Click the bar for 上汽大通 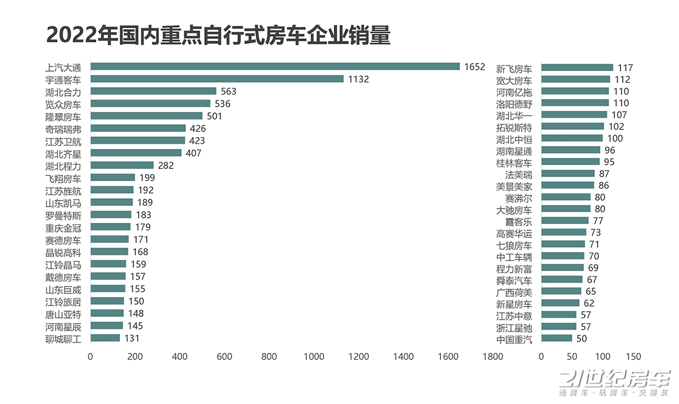pos(275,66)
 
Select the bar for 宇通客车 pos(217,79)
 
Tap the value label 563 pos(229,91)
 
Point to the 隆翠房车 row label pos(63,116)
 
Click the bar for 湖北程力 pos(122,165)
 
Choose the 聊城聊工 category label pos(63,339)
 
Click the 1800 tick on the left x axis pos(493,356)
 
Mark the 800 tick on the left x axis pos(270,356)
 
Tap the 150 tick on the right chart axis pos(633,356)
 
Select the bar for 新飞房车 pos(577,68)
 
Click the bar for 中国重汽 pos(556,338)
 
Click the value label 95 pos(608,162)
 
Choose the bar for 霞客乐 pos(565,221)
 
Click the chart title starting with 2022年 pos(218,36)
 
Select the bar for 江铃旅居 pos(107,301)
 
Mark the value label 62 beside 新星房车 pos(589,303)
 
